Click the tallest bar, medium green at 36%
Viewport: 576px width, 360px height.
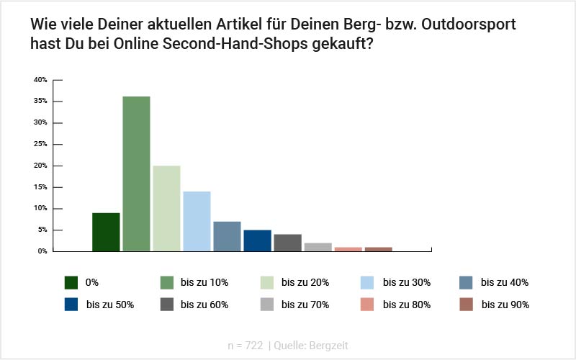[x=136, y=174]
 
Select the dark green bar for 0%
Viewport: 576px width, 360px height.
[x=106, y=232]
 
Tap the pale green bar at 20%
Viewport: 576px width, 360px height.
[x=166, y=208]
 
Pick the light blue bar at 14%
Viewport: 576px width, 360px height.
[x=197, y=221]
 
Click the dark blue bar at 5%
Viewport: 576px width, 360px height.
[x=257, y=240]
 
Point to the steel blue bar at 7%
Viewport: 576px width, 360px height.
[x=227, y=236]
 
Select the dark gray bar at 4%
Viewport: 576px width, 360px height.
[x=287, y=243]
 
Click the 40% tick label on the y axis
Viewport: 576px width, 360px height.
[x=40, y=79]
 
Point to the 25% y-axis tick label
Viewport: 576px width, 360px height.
[x=40, y=144]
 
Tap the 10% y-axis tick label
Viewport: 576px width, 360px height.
[x=40, y=209]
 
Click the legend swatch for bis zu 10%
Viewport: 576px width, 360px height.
[x=165, y=282]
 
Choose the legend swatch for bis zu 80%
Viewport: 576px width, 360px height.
[x=366, y=305]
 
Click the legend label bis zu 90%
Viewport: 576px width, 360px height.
[x=505, y=305]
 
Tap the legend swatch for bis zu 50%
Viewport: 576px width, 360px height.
[x=71, y=305]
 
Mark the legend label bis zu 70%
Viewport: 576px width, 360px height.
[x=305, y=305]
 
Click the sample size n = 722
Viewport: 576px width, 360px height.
[x=245, y=346]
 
